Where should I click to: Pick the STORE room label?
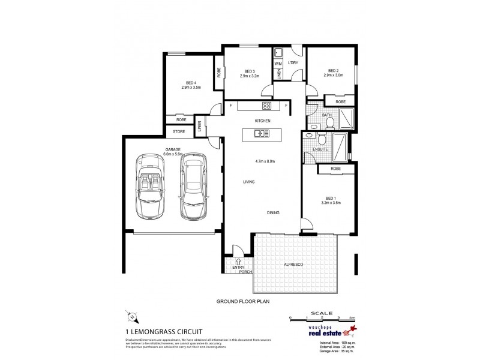coord(179,131)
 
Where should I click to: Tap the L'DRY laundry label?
coord(293,62)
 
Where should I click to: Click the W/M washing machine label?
coord(278,63)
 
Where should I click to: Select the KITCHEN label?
coord(263,121)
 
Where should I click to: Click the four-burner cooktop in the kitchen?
coord(267,106)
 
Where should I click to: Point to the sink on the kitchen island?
coord(259,134)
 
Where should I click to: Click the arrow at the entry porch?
coord(238,262)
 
